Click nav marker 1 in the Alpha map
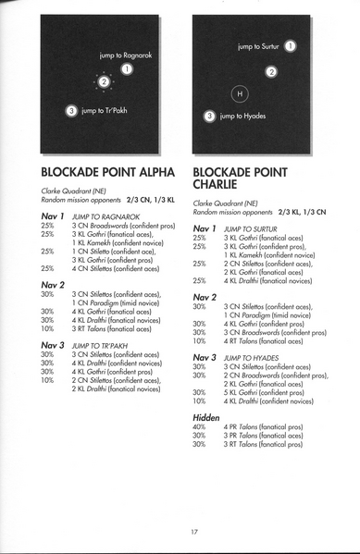[128, 68]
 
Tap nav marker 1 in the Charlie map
[291, 45]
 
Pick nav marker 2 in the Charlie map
[271, 72]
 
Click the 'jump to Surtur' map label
[259, 45]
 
